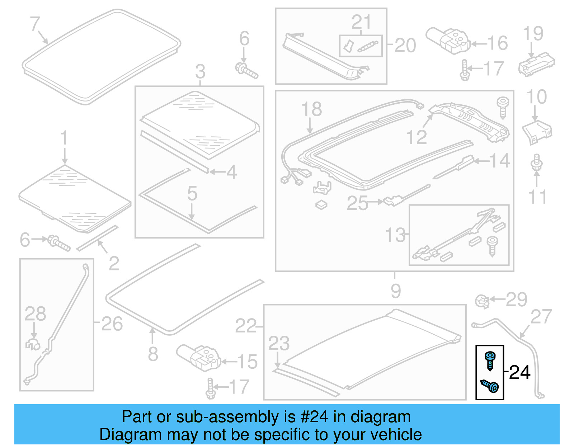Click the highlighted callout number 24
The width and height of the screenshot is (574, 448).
[x=519, y=373]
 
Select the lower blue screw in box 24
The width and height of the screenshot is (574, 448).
[x=490, y=386]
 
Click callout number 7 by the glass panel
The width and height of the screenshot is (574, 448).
[x=34, y=24]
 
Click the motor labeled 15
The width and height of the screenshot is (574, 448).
[x=199, y=357]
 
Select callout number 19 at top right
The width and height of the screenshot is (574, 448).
[x=533, y=34]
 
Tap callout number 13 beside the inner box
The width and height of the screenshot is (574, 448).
[x=395, y=235]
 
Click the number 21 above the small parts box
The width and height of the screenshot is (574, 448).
[x=361, y=22]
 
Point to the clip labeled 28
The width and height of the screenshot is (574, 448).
[x=33, y=344]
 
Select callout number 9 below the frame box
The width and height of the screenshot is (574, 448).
[x=395, y=291]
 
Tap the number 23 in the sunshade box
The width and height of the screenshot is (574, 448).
[x=279, y=343]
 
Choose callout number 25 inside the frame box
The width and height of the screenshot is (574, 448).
[x=357, y=203]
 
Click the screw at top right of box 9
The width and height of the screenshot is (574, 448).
[x=503, y=107]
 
